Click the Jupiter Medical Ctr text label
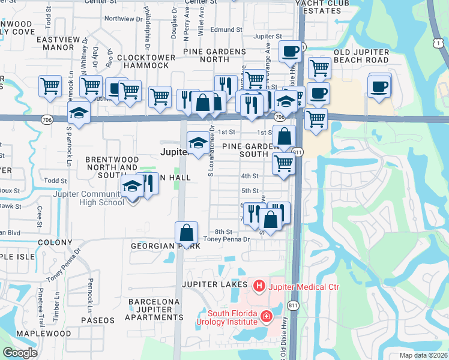point(305,287)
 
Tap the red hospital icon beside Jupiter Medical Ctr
point(259,287)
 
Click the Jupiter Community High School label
point(88,197)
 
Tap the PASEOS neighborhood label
point(97,320)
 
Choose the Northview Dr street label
point(124,19)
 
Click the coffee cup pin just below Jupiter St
point(291,52)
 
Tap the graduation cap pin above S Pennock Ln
point(78,113)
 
